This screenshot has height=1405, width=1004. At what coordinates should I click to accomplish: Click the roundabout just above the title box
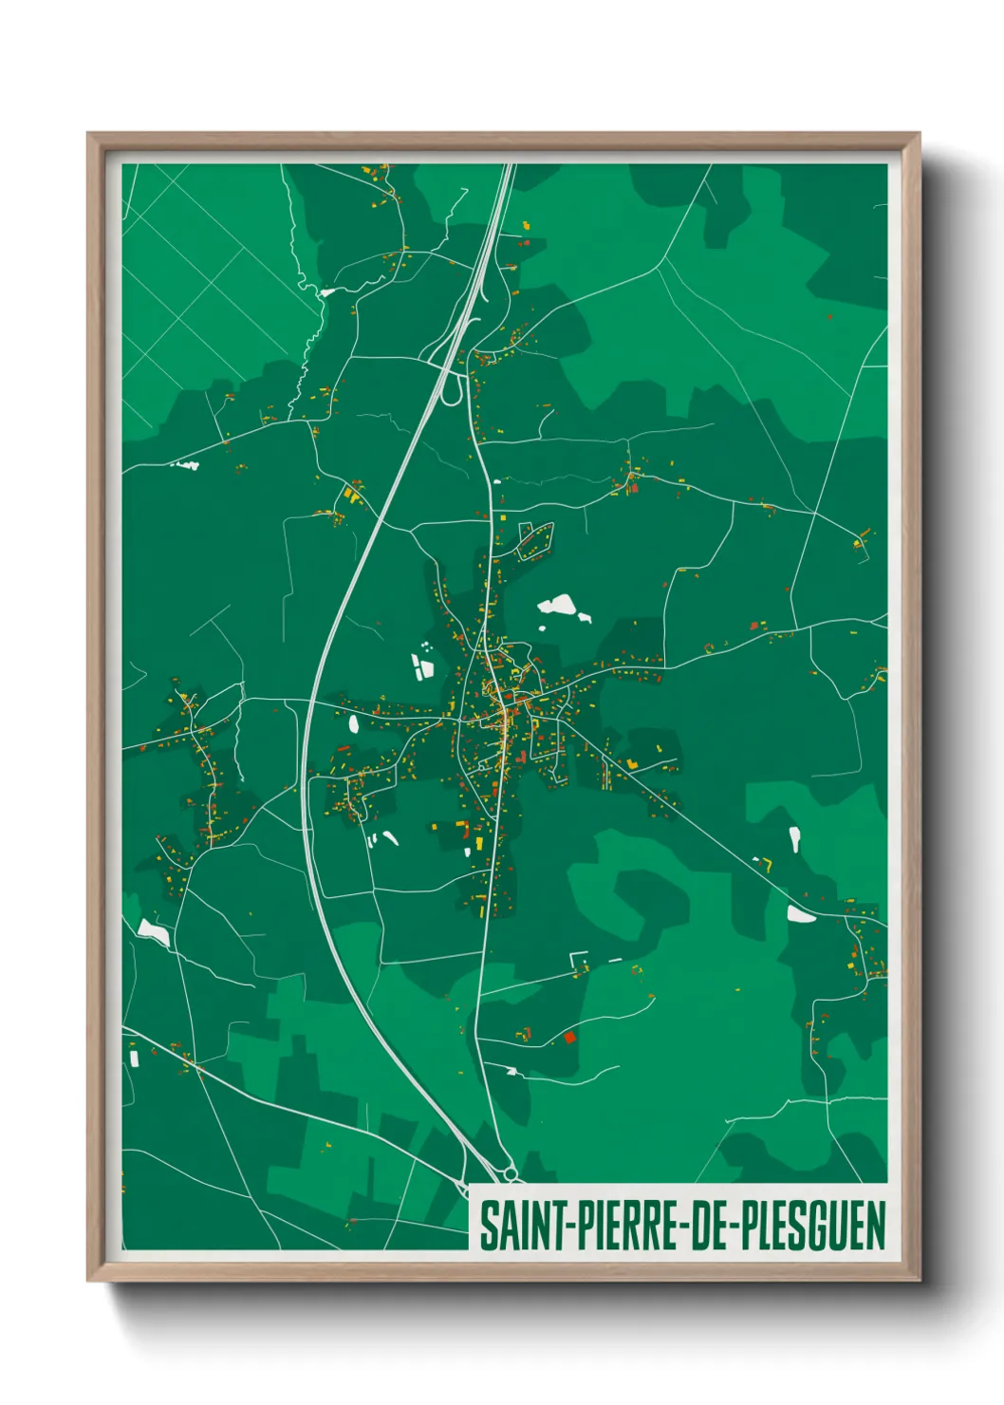(511, 1175)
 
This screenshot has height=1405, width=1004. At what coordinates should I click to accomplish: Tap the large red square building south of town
(569, 1038)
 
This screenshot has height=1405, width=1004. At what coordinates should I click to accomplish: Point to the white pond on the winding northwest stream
(327, 292)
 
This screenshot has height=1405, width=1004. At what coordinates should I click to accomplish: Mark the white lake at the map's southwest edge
(153, 932)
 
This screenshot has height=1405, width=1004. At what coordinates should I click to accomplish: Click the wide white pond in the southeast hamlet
(800, 914)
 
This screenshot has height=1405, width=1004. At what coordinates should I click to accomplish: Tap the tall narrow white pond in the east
(794, 838)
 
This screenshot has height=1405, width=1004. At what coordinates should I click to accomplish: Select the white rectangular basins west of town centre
(421, 665)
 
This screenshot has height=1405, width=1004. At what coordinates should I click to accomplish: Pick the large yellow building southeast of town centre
(632, 763)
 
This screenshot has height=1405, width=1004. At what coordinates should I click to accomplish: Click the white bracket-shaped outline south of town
(578, 961)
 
